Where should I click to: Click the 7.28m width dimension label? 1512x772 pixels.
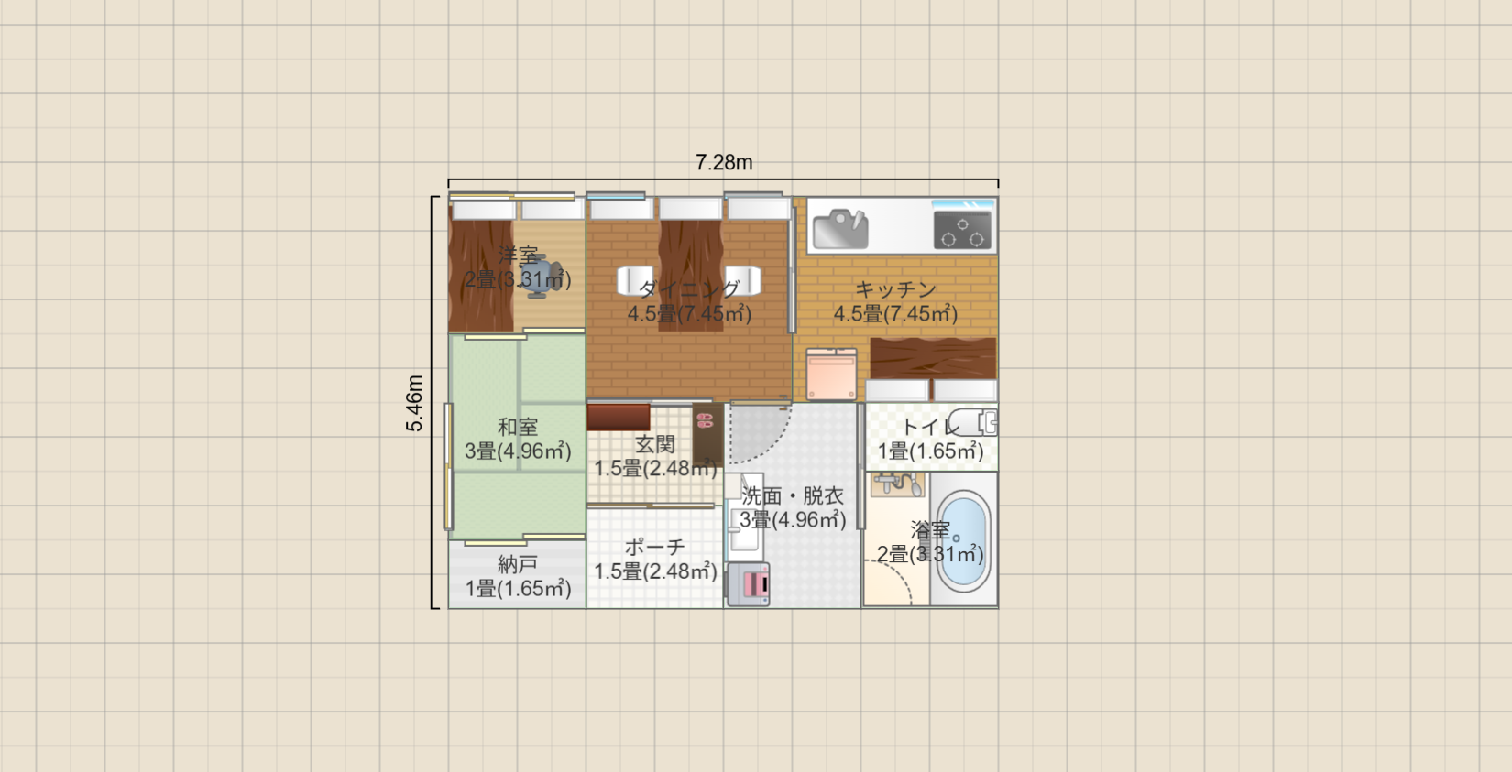pos(724,163)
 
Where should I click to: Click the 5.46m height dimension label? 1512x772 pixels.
pos(414,403)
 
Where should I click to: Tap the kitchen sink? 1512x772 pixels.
pos(839,229)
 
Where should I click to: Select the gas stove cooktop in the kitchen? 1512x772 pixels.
pos(962,230)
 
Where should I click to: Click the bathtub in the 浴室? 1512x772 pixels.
pos(963,541)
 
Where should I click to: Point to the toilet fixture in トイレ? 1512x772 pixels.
pos(972,422)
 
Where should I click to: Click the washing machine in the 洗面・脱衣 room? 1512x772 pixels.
pos(748,584)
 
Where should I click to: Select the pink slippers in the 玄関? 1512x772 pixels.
pos(705,422)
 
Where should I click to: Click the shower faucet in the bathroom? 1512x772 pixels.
pos(898,484)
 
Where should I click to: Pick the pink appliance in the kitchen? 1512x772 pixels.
pos(832,374)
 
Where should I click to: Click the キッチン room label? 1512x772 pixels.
pos(895,289)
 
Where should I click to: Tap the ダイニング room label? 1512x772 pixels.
pos(689,289)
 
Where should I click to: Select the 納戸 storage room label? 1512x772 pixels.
pos(518,564)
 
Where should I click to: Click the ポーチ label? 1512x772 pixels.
pos(655,547)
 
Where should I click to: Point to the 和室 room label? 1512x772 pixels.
pos(518,427)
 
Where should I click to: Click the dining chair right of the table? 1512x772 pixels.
pos(743,281)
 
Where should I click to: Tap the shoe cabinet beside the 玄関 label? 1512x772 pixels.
pos(619,417)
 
